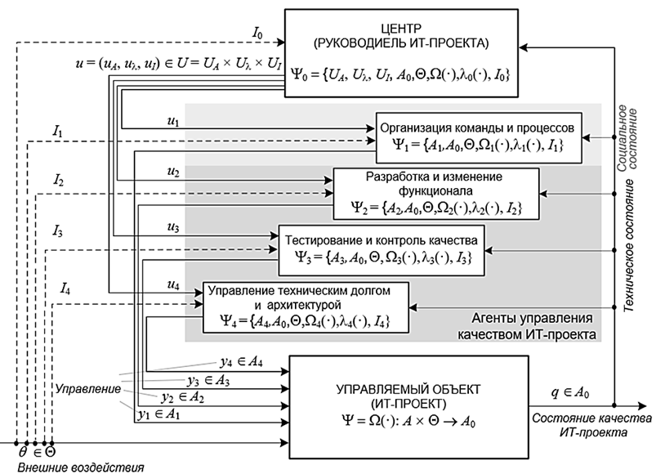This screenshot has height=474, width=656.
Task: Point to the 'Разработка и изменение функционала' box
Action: point(435,193)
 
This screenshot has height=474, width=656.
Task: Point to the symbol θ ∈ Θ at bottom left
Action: point(36,449)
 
